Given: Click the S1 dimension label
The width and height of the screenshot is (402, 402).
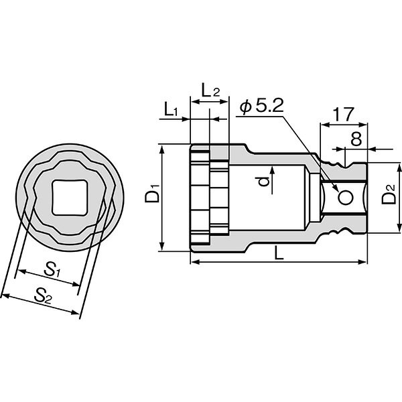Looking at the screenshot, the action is point(52,270).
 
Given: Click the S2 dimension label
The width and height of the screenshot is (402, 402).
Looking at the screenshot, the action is point(43,295).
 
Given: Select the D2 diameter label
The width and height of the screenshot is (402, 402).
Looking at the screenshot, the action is point(389,194).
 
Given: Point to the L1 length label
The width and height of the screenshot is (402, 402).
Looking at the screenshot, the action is point(170,110).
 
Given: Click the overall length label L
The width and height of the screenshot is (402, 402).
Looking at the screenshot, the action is point(279,253).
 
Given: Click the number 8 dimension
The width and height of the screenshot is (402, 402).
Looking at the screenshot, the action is point(356,139).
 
